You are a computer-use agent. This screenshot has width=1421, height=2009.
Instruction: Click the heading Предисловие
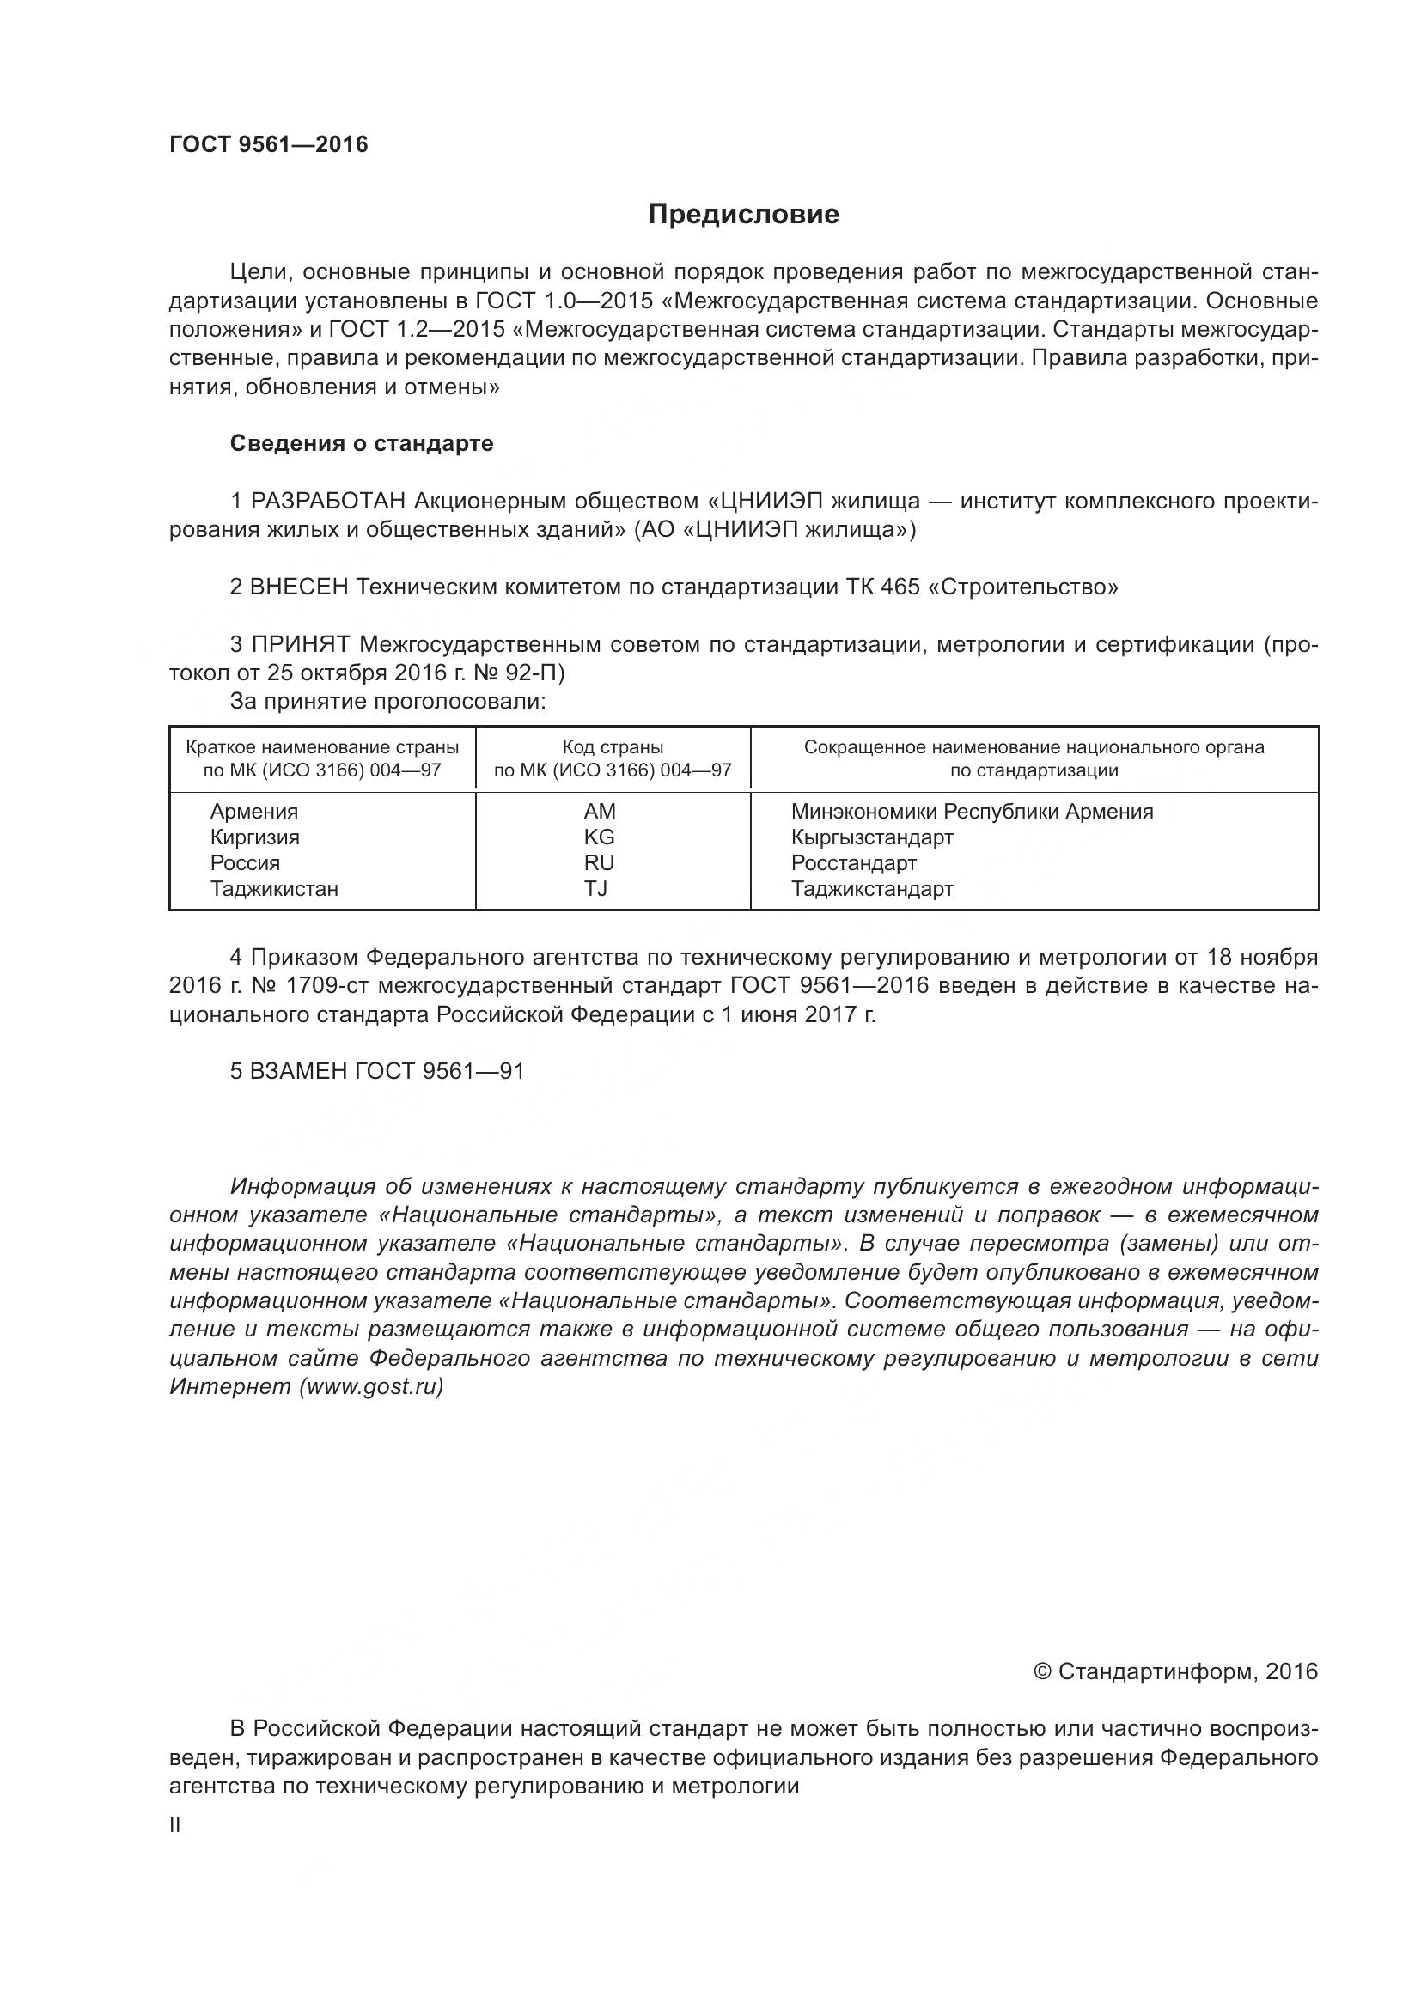[x=743, y=215]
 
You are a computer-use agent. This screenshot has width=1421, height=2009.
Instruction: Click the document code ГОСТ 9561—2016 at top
[x=268, y=144]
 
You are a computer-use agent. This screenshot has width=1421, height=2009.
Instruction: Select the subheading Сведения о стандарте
[x=362, y=443]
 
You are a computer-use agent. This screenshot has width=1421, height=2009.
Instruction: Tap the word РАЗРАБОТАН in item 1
[x=328, y=502]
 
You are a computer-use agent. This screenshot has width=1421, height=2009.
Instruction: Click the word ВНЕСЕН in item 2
[x=299, y=587]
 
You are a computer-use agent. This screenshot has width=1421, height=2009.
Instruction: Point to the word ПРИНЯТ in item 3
[x=300, y=645]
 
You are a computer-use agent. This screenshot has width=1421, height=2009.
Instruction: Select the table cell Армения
[x=253, y=812]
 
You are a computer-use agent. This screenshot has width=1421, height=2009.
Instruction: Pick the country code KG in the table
[x=600, y=837]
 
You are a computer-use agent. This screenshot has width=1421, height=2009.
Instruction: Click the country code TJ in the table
[x=596, y=889]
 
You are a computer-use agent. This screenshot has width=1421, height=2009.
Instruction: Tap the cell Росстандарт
[x=853, y=863]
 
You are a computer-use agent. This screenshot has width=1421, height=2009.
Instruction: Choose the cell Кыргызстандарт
[x=871, y=837]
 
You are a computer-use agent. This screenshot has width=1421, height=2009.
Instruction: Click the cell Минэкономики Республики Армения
[x=972, y=812]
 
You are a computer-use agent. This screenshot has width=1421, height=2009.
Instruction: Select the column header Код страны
[x=613, y=747]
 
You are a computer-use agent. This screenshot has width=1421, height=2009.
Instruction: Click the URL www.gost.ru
[x=371, y=1387]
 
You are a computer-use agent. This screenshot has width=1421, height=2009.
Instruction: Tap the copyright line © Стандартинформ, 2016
[x=1175, y=1672]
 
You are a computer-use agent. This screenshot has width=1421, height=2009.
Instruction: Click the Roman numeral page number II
[x=175, y=1825]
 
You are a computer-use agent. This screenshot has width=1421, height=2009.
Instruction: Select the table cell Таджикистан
[x=274, y=889]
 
